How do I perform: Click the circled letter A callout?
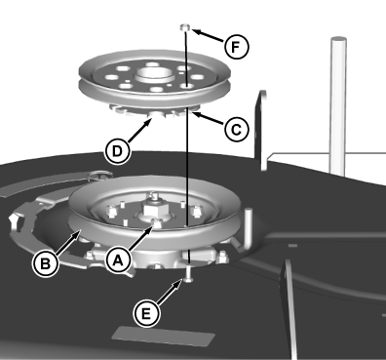click(x=118, y=260)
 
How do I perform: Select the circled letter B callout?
click(x=46, y=262)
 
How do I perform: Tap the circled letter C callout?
click(x=236, y=130)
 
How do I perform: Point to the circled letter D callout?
click(x=118, y=151)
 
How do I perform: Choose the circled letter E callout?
click(x=146, y=314)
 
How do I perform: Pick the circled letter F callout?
click(x=236, y=47)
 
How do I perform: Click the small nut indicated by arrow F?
click(x=185, y=27)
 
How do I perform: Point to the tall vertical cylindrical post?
click(x=338, y=105)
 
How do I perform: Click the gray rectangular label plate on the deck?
click(x=164, y=336)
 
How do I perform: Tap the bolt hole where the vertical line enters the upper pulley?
click(x=186, y=86)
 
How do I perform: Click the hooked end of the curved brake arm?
click(x=16, y=221)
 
